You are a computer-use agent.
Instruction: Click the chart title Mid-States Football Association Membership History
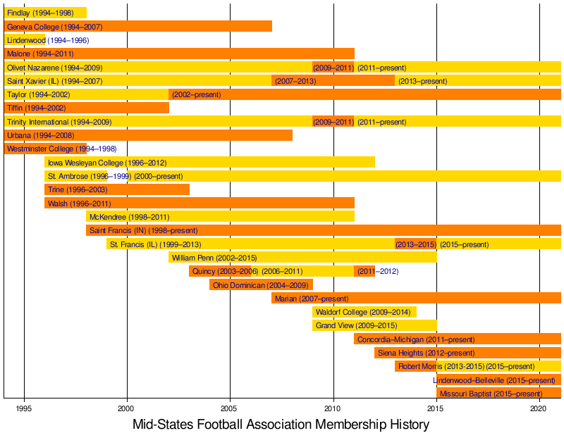(281, 424)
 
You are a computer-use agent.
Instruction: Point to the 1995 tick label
(24, 408)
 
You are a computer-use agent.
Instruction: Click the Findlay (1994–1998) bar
(45, 13)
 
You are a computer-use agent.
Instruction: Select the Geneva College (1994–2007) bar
(138, 26)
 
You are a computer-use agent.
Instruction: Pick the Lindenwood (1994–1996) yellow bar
(25, 40)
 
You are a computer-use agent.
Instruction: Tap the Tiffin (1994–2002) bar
(87, 108)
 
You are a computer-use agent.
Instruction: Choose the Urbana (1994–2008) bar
(148, 134)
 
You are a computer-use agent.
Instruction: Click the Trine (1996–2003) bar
(117, 189)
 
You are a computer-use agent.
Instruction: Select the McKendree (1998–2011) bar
(220, 216)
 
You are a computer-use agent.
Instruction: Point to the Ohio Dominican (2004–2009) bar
(261, 284)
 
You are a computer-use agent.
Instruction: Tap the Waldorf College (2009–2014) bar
(364, 311)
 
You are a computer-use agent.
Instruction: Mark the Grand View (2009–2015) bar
(374, 325)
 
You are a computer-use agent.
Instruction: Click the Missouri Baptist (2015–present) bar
(498, 393)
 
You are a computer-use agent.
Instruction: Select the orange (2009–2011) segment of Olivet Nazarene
(333, 68)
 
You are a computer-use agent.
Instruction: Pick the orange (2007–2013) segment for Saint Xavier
(333, 81)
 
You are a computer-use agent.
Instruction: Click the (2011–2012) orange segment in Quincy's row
(364, 271)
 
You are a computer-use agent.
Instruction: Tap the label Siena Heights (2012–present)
(426, 353)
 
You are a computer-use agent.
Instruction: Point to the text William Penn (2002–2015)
(214, 258)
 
